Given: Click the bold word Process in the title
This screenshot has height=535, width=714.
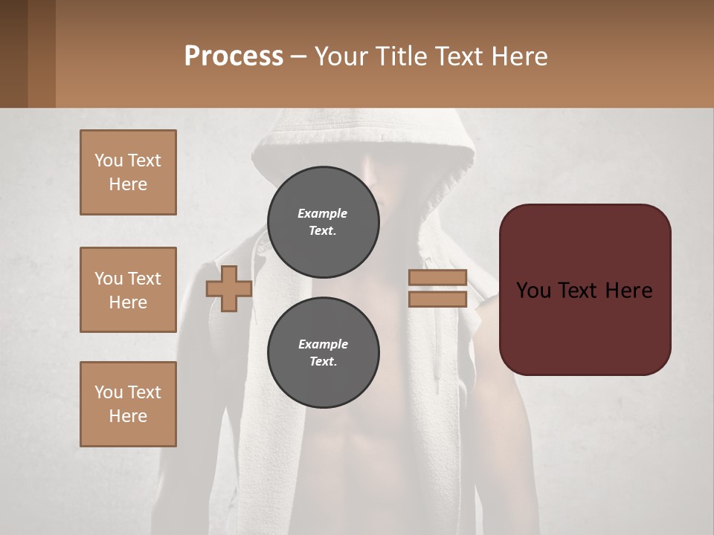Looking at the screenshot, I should (x=234, y=56).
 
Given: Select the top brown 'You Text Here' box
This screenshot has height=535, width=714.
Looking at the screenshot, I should (x=128, y=172).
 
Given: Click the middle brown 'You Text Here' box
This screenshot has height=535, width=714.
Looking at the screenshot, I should (x=128, y=290).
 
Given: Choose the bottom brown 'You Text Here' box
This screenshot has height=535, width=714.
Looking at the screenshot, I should (x=128, y=404).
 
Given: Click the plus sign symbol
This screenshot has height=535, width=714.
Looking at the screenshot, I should (x=229, y=288).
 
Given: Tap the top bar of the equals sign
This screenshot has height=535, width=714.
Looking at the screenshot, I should (x=437, y=278).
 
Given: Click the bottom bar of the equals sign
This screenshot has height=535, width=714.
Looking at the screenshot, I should (x=437, y=299).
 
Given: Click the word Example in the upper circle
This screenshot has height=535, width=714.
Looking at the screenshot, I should (x=322, y=213).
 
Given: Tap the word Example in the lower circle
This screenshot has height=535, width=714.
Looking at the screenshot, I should (x=323, y=344).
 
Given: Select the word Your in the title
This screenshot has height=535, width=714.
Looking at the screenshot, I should (x=342, y=56).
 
